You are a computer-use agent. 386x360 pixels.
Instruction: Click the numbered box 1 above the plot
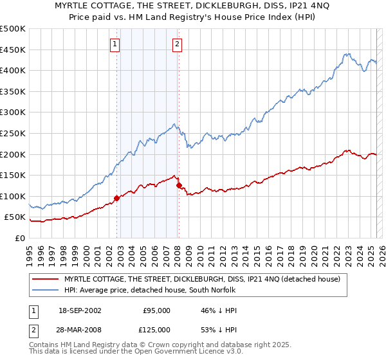click(x=115, y=44)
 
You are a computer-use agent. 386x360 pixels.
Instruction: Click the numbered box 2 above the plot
click(x=176, y=44)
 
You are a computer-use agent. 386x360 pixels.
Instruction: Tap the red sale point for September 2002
click(x=116, y=198)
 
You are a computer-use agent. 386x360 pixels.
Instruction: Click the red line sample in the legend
click(x=45, y=279)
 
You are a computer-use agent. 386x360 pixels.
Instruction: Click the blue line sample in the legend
click(x=45, y=290)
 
